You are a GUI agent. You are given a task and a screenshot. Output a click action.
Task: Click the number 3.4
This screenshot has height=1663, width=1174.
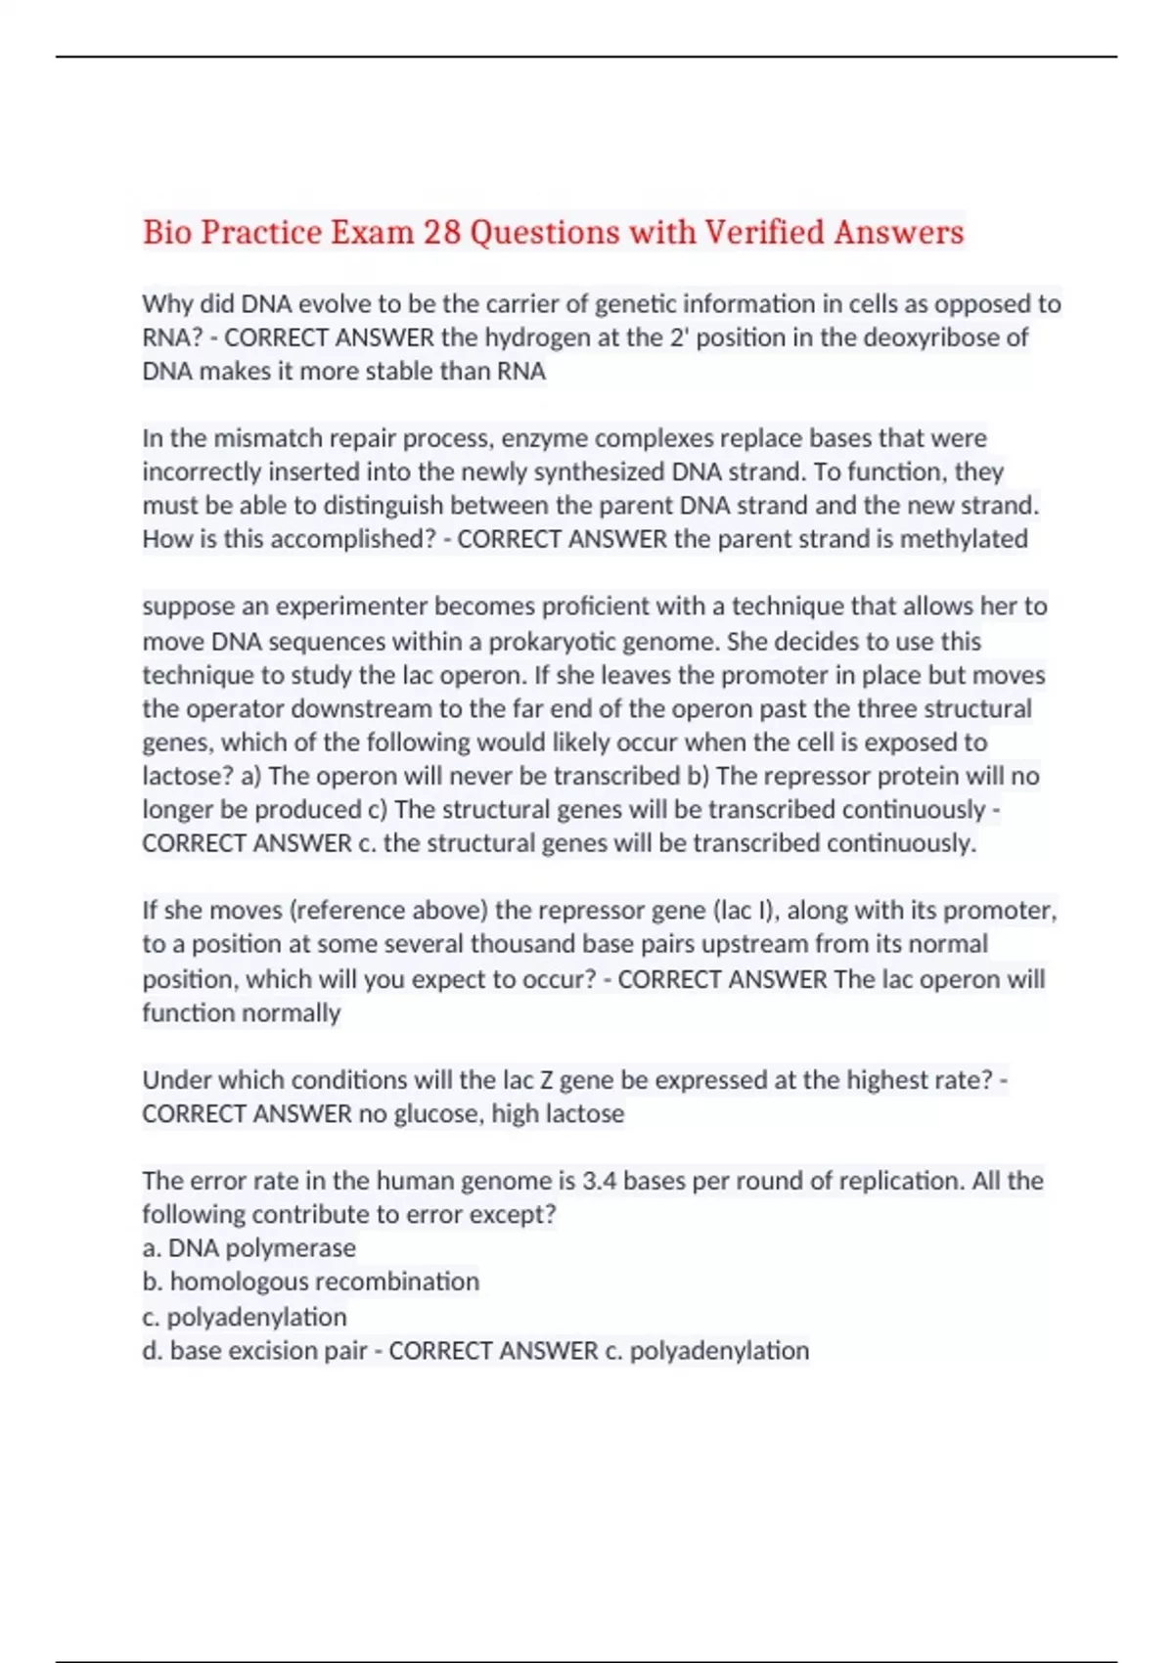(x=599, y=1181)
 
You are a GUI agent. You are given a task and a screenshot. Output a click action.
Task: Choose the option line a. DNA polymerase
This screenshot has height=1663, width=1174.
(x=249, y=1248)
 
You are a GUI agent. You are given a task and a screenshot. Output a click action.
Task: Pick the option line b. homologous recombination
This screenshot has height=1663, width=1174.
(x=311, y=1281)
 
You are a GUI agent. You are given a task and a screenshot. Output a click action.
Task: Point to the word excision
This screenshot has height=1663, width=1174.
(x=277, y=1351)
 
